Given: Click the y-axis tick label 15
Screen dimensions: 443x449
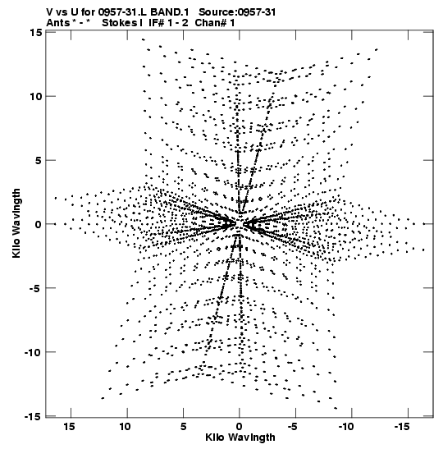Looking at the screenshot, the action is click(x=36, y=33).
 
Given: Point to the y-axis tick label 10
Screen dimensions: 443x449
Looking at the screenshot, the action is click(x=35, y=97).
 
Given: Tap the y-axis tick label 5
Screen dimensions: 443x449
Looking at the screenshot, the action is click(x=39, y=160).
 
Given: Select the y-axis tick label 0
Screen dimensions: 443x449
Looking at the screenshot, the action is click(x=39, y=224).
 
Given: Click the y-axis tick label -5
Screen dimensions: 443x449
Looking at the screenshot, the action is click(x=36, y=288).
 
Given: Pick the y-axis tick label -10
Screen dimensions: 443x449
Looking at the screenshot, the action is click(x=33, y=352).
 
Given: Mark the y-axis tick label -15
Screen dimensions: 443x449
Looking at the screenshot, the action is click(x=34, y=417).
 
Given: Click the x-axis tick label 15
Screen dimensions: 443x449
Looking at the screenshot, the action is click(x=70, y=427).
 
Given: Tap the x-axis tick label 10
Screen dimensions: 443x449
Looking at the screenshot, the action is click(x=126, y=427).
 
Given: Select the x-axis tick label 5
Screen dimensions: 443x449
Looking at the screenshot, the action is click(x=184, y=427).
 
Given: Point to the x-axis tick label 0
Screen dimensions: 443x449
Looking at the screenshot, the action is click(x=240, y=427).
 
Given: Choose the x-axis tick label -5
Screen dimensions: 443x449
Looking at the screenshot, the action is click(x=292, y=427).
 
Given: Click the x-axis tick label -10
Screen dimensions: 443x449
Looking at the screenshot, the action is click(x=347, y=427).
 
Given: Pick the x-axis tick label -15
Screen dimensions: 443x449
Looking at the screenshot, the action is click(x=402, y=427).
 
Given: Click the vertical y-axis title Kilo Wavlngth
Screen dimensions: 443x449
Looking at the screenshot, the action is click(x=16, y=223).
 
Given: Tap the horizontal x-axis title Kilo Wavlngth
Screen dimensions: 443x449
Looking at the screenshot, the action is click(x=240, y=438).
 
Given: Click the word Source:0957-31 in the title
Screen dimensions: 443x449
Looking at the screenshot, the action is click(x=237, y=12).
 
